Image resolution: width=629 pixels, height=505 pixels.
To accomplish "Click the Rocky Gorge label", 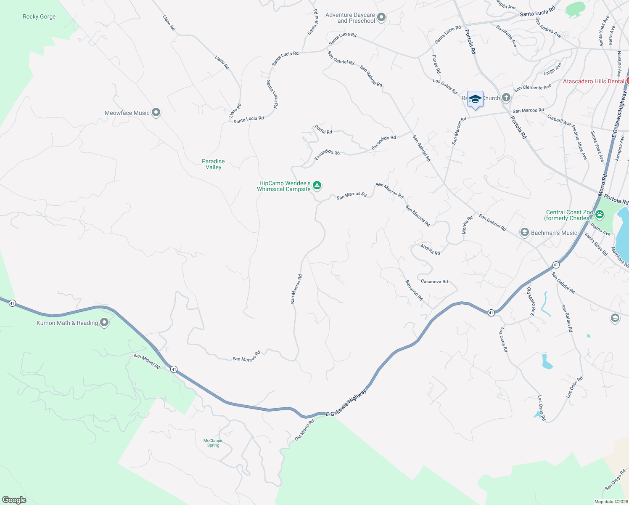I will click(39, 17).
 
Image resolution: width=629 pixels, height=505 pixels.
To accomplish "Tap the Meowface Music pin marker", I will click(156, 112).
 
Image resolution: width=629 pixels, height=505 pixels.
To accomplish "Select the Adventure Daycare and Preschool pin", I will click(381, 17).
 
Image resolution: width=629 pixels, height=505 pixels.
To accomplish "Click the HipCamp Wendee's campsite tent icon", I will click(317, 185).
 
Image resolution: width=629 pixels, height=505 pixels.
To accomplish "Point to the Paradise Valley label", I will click(213, 164).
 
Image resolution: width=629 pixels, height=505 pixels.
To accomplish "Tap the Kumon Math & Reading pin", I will click(104, 322).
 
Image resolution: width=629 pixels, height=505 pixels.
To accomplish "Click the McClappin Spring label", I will click(213, 443).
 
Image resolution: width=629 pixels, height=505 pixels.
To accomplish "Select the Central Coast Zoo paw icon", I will click(600, 214).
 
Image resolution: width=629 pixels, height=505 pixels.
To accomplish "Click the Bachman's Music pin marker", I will click(524, 232).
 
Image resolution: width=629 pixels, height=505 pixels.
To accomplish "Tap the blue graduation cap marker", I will click(475, 99).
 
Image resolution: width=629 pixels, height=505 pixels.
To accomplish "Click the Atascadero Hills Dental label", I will click(593, 81).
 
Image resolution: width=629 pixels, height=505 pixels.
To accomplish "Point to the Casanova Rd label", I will click(434, 282).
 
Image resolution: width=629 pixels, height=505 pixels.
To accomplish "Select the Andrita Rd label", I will click(430, 250).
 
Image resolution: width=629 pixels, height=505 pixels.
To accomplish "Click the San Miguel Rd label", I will click(147, 361).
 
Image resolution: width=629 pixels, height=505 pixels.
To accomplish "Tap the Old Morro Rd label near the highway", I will click(304, 430).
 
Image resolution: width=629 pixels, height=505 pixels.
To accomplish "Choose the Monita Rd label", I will click(467, 225).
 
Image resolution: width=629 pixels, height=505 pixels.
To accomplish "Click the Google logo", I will click(14, 500).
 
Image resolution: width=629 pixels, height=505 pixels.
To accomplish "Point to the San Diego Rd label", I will click(615, 480).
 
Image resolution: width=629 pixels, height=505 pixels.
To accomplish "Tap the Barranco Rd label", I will click(414, 290).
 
